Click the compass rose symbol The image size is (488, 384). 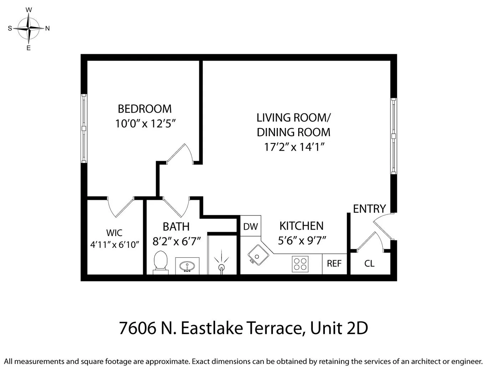[x=28, y=28]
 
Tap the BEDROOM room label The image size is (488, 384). [x=145, y=108]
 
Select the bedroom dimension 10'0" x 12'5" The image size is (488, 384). [x=146, y=124]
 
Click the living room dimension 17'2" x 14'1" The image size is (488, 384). [x=294, y=147]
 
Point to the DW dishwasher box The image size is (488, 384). [x=250, y=226]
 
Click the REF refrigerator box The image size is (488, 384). [x=334, y=263]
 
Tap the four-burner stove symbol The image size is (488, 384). [x=300, y=264]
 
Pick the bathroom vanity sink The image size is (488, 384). [x=187, y=266]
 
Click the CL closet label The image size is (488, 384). [x=369, y=263]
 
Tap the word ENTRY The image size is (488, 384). [x=369, y=209]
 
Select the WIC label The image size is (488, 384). [x=114, y=233]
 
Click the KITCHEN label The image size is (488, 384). [x=301, y=226]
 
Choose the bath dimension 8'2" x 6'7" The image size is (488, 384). [x=177, y=241]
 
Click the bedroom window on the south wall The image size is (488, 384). [x=84, y=128]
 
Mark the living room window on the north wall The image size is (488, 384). [x=394, y=136]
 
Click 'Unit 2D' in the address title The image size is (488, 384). [x=339, y=328]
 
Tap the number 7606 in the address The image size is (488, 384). [x=137, y=328]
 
